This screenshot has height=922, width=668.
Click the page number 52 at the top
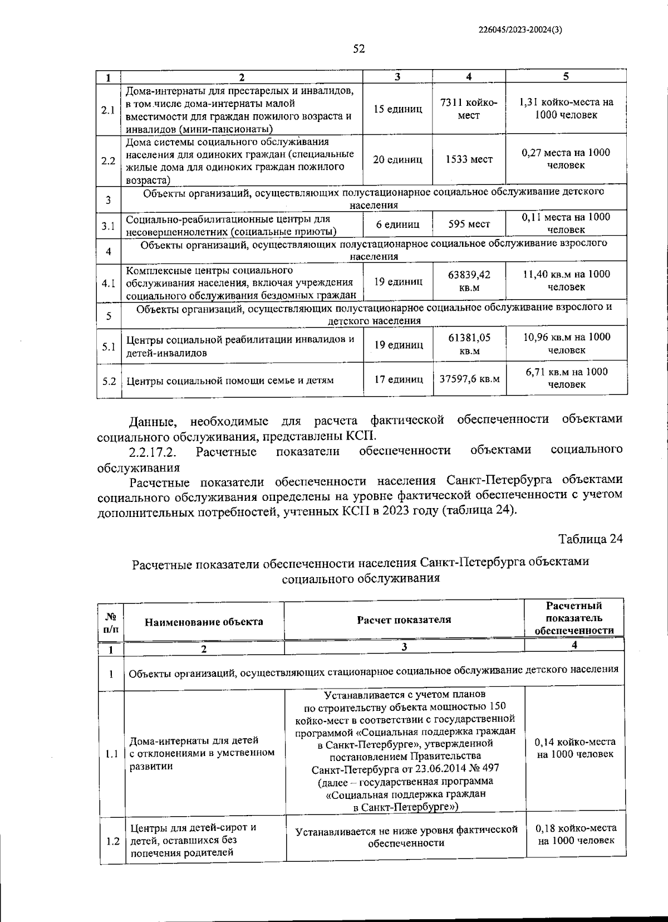pos(358,49)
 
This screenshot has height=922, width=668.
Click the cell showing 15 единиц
pos(397,109)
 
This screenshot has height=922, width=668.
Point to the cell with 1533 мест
pos(469,160)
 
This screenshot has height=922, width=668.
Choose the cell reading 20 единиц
pos(397,160)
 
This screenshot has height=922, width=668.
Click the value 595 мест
pos(469,225)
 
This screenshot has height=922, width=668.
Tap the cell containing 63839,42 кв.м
pos(469,281)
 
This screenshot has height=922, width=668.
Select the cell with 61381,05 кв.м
pos(469,344)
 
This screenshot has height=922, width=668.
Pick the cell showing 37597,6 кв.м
pos(469,379)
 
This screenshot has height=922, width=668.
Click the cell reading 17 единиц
pos(397,379)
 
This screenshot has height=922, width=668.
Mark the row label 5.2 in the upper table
pos(109,381)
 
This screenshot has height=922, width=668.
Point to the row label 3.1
pos(109,226)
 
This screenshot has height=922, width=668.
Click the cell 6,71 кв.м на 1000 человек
pos(566,378)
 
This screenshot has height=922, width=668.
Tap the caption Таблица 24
pos(590,539)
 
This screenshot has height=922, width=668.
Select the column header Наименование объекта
pos(204,622)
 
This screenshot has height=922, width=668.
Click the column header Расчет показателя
pos(404,619)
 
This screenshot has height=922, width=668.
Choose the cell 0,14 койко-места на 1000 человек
pos(575,748)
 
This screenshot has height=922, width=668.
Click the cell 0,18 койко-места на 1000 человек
pos(576,834)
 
